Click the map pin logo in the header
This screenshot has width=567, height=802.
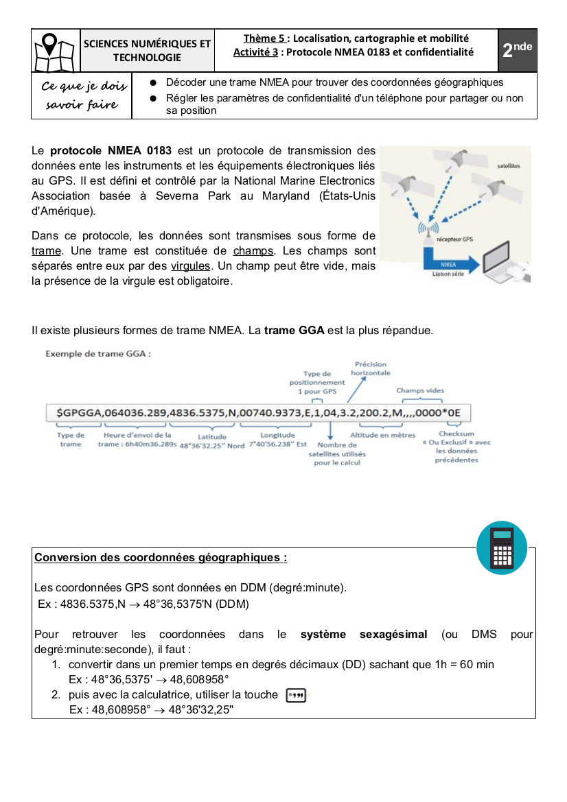tap(55, 50)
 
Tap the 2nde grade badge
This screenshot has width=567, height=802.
tap(518, 49)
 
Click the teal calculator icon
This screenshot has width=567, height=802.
tap(502, 547)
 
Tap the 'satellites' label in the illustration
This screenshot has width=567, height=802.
tap(508, 166)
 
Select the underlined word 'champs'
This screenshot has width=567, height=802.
tap(253, 250)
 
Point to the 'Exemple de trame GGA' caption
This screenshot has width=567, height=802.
tap(97, 354)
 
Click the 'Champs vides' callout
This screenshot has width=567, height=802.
tap(420, 390)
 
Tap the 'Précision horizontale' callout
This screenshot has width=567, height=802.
tap(371, 368)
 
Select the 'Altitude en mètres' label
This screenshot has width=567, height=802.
tap(383, 435)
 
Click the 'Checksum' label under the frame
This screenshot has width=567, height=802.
tap(456, 434)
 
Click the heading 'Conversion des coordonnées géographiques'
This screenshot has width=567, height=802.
tap(161, 557)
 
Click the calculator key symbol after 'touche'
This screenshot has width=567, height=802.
tap(295, 695)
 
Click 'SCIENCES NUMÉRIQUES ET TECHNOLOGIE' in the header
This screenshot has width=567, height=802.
tap(147, 50)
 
